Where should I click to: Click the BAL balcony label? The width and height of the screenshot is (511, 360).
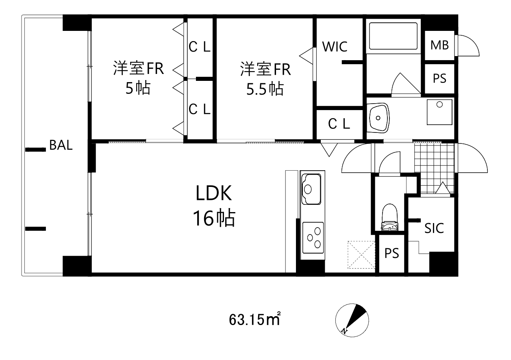pos(61,145)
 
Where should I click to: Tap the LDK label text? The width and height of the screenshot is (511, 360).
pos(213,194)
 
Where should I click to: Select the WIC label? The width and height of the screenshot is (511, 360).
pos(335,47)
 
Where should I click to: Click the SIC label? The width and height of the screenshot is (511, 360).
pos(434,228)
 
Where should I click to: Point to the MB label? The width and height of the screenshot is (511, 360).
pos(439,45)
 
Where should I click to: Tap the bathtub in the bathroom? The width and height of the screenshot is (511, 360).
pos(393,37)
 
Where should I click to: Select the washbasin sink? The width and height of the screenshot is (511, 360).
pos(379,118)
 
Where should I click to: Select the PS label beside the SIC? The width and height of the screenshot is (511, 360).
pos(392,254)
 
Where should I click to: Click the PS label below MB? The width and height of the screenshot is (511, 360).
pos(439,78)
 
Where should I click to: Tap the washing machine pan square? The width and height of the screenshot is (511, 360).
pos(439,112)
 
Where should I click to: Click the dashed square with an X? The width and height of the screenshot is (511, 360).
pos(361,255)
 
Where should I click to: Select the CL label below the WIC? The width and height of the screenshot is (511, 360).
pos(339,124)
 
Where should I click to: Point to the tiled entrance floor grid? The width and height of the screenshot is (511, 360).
pos(433,167)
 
